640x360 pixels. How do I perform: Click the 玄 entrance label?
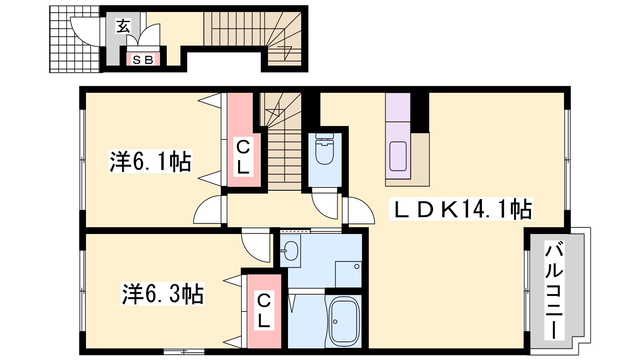[123, 26]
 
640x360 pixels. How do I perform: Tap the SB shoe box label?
[143, 60]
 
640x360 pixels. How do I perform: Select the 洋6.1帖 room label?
[150, 161]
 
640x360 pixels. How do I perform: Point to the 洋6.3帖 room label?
[162, 294]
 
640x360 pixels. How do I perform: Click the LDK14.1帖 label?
[461, 209]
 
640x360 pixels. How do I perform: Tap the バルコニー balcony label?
[554, 290]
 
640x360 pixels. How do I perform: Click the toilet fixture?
[324, 148]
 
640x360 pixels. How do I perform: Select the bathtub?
[344, 322]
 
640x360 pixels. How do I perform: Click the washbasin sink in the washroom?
[290, 251]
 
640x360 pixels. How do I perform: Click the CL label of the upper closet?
[243, 156]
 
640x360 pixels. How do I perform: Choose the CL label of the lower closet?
[264, 310]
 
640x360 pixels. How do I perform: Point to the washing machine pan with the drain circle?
[348, 274]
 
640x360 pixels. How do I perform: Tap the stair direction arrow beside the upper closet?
[275, 110]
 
